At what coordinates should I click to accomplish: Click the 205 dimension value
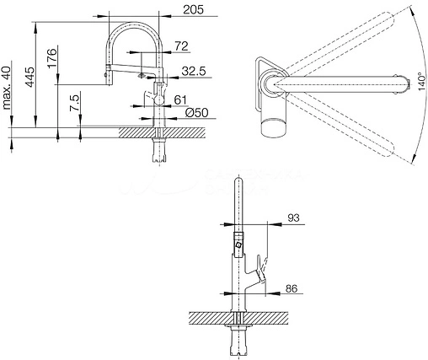pyautogui.click(x=193, y=10)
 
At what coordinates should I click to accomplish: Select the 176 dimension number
pyautogui.click(x=52, y=58)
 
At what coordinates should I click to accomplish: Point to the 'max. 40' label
pyautogui.click(x=6, y=89)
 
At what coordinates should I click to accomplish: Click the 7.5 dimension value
pyautogui.click(x=75, y=103)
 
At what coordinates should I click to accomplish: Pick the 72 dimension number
pyautogui.click(x=181, y=46)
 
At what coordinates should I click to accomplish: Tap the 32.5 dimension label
pyautogui.click(x=194, y=71)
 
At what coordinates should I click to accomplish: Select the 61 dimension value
pyautogui.click(x=180, y=99)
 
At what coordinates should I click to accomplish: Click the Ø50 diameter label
pyautogui.click(x=197, y=113)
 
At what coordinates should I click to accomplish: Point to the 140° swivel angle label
pyautogui.click(x=421, y=82)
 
